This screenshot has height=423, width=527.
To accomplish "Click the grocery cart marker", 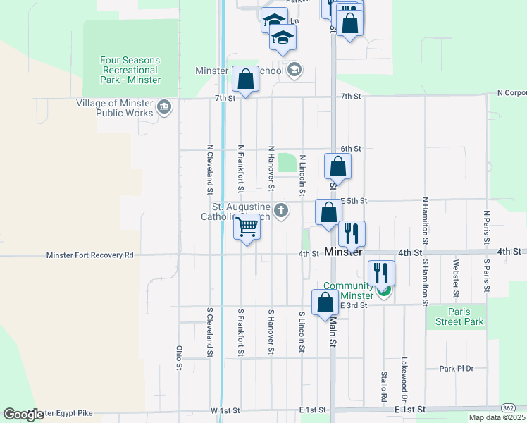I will point(247,228).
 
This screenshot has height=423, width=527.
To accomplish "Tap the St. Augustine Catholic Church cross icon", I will point(281,210).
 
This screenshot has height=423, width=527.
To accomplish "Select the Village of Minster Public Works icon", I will point(163,107).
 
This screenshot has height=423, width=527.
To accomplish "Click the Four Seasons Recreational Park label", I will point(131,70).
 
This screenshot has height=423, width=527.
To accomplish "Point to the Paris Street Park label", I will point(455,317).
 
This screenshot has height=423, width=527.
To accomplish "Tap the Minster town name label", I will point(344,252).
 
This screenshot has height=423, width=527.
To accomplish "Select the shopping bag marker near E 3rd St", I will point(325,302).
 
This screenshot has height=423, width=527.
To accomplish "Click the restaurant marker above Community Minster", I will point(381,273).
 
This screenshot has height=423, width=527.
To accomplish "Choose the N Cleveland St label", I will point(210,169).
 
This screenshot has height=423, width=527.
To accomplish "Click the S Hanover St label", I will point(271,331).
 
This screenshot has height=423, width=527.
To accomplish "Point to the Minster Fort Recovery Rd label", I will point(89,255).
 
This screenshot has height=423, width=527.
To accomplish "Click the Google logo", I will point(24,415).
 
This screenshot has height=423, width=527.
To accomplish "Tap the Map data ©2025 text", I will point(496,417).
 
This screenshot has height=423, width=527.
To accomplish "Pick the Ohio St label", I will point(179,357).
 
